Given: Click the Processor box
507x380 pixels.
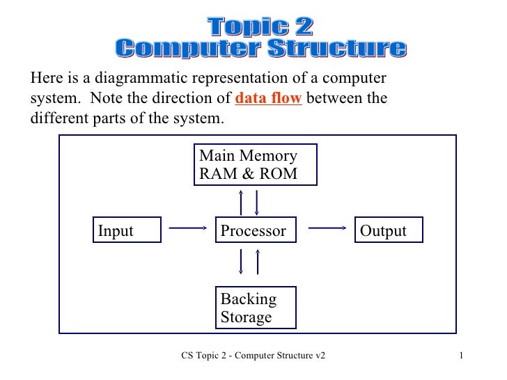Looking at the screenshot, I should [255, 231].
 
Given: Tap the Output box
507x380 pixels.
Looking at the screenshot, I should [389, 231].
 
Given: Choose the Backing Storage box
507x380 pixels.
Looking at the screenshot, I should [256, 308].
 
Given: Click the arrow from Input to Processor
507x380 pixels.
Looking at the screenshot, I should [189, 227].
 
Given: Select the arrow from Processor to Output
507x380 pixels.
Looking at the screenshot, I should [327, 227].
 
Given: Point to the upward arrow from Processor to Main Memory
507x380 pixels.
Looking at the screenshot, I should [241, 202].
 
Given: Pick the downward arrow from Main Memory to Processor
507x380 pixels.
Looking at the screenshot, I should [258, 202].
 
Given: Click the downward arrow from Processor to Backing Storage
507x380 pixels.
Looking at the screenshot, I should [241, 262].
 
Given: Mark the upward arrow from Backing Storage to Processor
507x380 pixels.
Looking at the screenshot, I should [258, 262].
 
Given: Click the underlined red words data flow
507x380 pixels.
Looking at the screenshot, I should [268, 98].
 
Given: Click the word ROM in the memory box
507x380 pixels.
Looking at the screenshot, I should [276, 173].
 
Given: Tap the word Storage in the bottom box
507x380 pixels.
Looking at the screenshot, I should [246, 318].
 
